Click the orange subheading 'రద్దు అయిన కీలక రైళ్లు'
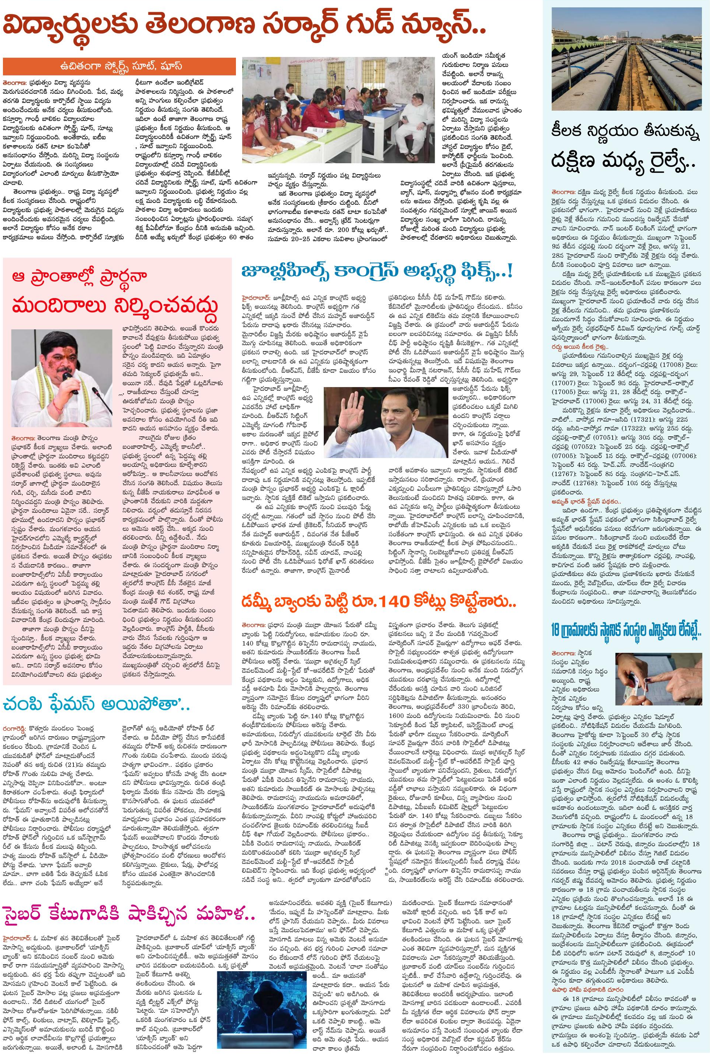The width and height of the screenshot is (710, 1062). click(580, 346)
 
